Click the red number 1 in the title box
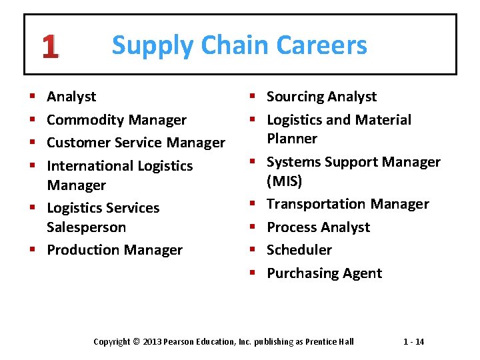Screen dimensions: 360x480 [50, 46]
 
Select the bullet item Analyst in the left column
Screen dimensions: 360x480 [71, 97]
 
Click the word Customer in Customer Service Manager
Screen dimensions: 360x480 [75, 143]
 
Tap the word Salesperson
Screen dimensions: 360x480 [86, 227]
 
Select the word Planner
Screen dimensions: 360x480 [292, 139]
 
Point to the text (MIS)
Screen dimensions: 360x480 [285, 181]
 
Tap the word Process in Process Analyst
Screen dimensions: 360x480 [291, 227]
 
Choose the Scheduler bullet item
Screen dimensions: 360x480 [299, 250]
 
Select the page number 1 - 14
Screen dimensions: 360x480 [413, 342]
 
